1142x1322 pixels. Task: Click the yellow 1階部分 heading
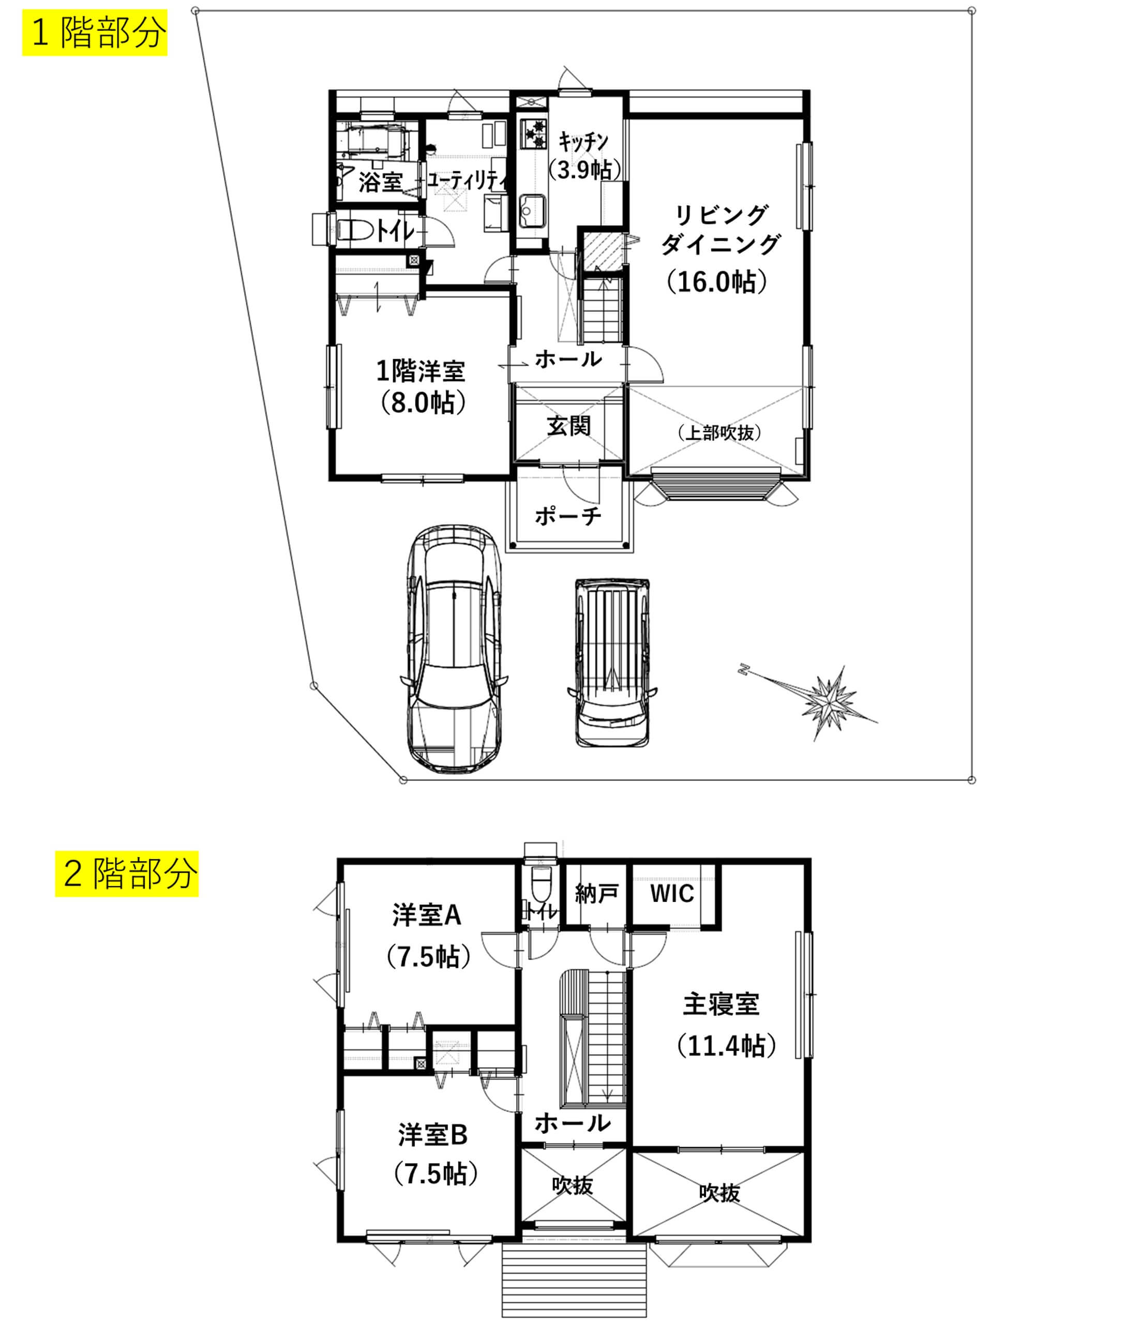[x=95, y=33]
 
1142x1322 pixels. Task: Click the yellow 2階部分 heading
[x=127, y=874]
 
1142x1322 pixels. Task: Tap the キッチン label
[x=583, y=141]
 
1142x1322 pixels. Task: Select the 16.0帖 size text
[x=716, y=281]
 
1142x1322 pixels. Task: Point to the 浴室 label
[x=380, y=182]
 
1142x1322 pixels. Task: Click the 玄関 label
[x=568, y=426]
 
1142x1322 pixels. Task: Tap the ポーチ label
[x=568, y=516]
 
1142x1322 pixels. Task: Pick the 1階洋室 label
[x=420, y=371]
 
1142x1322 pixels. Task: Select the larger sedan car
[x=454, y=649]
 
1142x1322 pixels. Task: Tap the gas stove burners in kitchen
[x=533, y=133]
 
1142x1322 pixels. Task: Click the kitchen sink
[x=532, y=210]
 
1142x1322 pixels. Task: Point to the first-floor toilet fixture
[x=353, y=230]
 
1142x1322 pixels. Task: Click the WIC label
[x=672, y=893]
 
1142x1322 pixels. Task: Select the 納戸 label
[x=596, y=894]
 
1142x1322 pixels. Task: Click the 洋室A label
[x=427, y=915]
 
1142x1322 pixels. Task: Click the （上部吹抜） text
[x=719, y=432]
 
